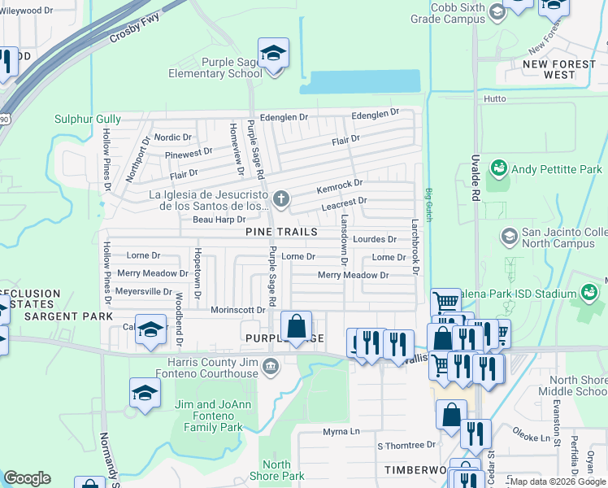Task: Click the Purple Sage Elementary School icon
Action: tap(274, 54)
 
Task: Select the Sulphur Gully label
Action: tap(87, 119)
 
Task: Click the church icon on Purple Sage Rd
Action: tap(281, 198)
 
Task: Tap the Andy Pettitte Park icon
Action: tap(497, 169)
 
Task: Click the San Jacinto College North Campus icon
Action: tap(509, 236)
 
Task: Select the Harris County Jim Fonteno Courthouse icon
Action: tap(270, 368)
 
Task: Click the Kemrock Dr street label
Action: tap(339, 186)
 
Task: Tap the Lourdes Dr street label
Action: tap(375, 239)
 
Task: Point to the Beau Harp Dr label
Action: tap(219, 220)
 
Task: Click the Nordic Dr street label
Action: tap(172, 137)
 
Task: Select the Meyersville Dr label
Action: tap(145, 291)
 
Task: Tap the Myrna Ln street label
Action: tap(341, 431)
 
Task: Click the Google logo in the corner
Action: tap(28, 478)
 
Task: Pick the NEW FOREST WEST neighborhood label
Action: tap(549, 69)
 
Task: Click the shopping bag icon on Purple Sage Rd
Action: tap(297, 326)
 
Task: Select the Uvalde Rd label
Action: tap(474, 182)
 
